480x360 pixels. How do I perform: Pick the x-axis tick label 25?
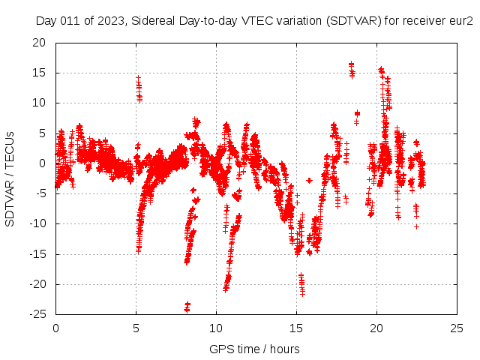457,328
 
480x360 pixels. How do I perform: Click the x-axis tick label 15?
296,328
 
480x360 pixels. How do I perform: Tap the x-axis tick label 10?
216,328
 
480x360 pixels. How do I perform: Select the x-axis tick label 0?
55,328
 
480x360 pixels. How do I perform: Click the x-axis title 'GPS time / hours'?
255,349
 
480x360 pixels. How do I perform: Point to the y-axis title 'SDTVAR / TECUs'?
10,178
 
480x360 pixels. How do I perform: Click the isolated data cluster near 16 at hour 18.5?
352,70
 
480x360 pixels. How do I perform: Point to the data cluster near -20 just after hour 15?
301,283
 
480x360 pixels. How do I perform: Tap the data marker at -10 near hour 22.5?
416,226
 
